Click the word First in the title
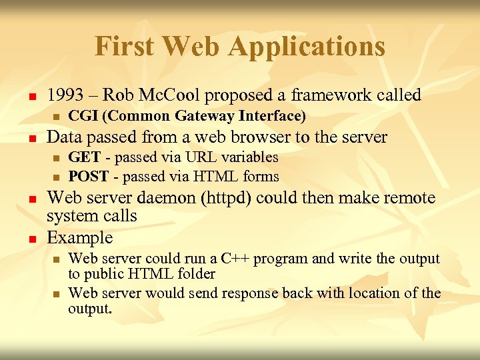125,47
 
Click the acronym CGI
83,117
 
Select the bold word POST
89,177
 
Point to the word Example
80,237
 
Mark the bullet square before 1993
31,97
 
